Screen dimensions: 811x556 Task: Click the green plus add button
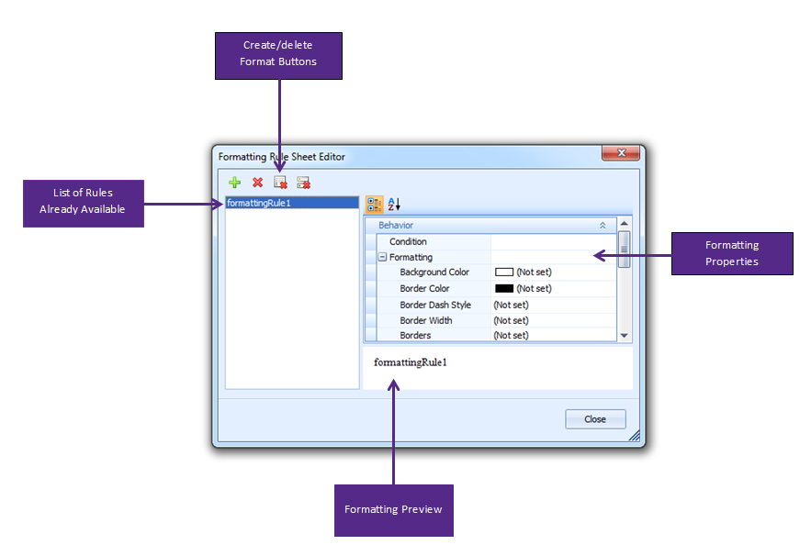pyautogui.click(x=235, y=183)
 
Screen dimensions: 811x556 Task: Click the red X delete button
pyautogui.click(x=257, y=183)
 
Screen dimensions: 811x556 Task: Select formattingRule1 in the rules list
pyautogui.click(x=259, y=203)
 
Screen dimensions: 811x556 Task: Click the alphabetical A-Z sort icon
pyautogui.click(x=394, y=204)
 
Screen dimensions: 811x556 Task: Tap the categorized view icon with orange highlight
pyautogui.click(x=375, y=204)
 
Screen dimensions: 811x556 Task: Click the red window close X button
pyautogui.click(x=621, y=153)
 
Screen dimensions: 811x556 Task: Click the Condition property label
pyautogui.click(x=408, y=241)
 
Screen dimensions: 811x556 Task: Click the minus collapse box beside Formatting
pyautogui.click(x=382, y=257)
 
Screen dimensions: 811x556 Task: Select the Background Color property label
pyautogui.click(x=434, y=272)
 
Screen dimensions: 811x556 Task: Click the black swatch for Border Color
pyautogui.click(x=504, y=288)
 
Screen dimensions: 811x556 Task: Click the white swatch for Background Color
pyautogui.click(x=504, y=272)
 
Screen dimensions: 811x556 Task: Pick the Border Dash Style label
pyautogui.click(x=435, y=305)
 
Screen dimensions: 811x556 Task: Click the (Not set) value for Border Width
pyautogui.click(x=511, y=320)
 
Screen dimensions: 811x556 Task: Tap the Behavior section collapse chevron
pyautogui.click(x=603, y=226)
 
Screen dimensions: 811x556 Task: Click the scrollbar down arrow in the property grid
pyautogui.click(x=625, y=336)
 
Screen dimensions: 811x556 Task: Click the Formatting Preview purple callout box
pyautogui.click(x=394, y=510)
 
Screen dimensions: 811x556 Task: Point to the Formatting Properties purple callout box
pyautogui.click(x=732, y=253)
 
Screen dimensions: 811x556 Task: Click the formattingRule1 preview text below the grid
pyautogui.click(x=411, y=362)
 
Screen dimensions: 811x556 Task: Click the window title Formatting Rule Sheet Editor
pyautogui.click(x=281, y=157)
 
